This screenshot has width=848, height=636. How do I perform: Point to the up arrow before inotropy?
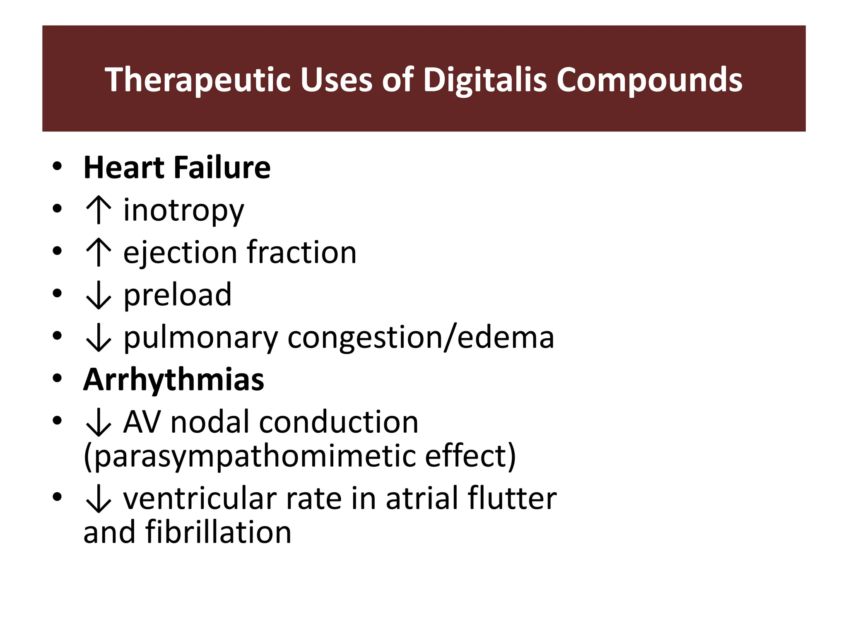pos(98,210)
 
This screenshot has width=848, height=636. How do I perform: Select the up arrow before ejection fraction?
pos(98,253)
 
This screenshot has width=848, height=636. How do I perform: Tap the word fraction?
pos(301,252)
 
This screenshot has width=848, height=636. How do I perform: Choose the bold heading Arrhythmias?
pos(173,379)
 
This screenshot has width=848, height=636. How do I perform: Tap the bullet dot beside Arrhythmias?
pos(57,378)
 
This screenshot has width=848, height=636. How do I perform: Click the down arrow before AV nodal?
pos(98,423)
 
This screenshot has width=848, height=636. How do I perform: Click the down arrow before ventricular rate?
pos(98,499)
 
